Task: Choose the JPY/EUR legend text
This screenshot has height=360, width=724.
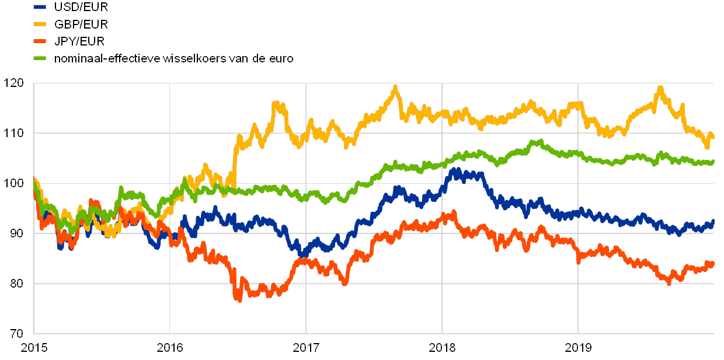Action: (x=79, y=41)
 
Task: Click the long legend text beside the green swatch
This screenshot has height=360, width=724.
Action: (x=173, y=58)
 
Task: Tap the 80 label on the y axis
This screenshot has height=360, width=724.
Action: (x=18, y=284)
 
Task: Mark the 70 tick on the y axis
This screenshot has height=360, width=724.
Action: (x=18, y=334)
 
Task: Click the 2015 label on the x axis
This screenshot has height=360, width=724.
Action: (x=34, y=348)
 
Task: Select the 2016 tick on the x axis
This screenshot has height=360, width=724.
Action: (x=170, y=348)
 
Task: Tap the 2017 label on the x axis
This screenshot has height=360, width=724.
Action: (x=306, y=348)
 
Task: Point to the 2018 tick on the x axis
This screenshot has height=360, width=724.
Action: (x=442, y=348)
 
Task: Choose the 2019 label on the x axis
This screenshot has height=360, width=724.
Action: (x=578, y=348)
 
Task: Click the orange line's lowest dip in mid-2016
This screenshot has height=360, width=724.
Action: (x=238, y=299)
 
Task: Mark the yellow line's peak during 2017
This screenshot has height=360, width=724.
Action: (x=396, y=88)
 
